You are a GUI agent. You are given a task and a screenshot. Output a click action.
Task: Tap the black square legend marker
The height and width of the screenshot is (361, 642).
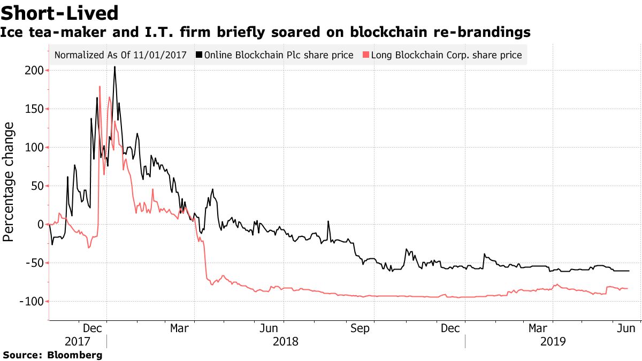pyautogui.click(x=199, y=55)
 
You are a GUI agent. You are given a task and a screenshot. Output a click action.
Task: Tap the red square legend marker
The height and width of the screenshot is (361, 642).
pyautogui.click(x=366, y=55)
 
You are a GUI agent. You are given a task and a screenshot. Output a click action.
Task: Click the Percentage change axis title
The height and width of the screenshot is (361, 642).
pyautogui.click(x=9, y=182)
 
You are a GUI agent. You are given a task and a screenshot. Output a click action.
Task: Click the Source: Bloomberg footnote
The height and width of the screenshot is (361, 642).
pyautogui.click(x=52, y=355)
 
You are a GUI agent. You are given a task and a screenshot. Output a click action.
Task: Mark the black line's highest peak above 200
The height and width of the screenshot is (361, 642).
pyautogui.click(x=114, y=67)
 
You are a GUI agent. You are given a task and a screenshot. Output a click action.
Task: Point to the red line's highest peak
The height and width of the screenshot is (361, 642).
pyautogui.click(x=100, y=87)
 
